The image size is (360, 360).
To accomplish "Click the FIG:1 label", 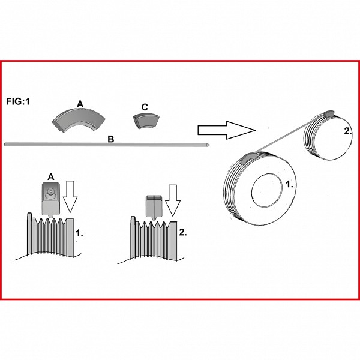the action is (x=18, y=101).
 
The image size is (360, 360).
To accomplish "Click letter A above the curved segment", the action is (x=80, y=104).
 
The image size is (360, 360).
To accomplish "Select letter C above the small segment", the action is (x=145, y=107).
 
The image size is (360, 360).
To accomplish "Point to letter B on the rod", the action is (x=111, y=139).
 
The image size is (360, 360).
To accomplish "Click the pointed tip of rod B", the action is (x=209, y=145).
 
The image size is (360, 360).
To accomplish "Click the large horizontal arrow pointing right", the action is (x=226, y=130).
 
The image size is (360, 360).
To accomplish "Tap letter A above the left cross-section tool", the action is (x=51, y=177).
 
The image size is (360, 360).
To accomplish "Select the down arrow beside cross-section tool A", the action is (x=70, y=197).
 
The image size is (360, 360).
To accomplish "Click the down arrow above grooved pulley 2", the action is (x=173, y=200).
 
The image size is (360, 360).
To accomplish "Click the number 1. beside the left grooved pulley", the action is (x=79, y=233).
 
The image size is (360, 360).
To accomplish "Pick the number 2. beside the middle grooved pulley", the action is (x=183, y=233).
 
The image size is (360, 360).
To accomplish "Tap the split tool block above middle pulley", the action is (x=154, y=207).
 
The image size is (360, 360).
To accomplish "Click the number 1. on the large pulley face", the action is (x=290, y=184).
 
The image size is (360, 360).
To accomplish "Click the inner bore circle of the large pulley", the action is (x=267, y=190).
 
